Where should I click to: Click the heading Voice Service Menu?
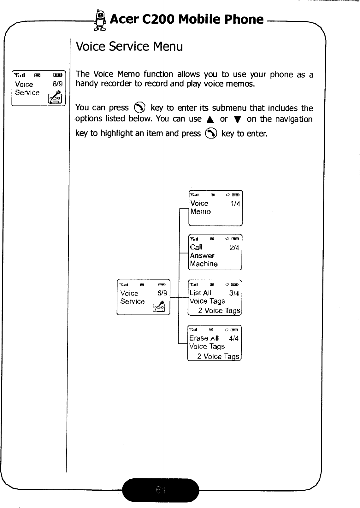click(x=129, y=46)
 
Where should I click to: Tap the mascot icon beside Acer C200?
click(x=101, y=21)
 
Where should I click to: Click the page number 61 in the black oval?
click(x=160, y=490)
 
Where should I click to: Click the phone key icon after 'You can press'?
click(x=139, y=108)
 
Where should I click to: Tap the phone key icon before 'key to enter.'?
click(x=211, y=134)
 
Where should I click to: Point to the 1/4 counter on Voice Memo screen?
click(x=235, y=204)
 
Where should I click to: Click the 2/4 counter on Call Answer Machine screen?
click(x=234, y=248)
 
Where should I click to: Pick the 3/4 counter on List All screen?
click(x=234, y=293)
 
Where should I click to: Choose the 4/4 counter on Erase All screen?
click(x=233, y=339)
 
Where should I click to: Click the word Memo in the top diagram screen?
click(x=201, y=212)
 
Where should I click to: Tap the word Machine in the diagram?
click(x=204, y=264)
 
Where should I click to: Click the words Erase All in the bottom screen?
click(x=204, y=338)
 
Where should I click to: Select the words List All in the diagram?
click(x=200, y=293)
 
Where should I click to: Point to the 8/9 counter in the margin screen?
click(x=58, y=84)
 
